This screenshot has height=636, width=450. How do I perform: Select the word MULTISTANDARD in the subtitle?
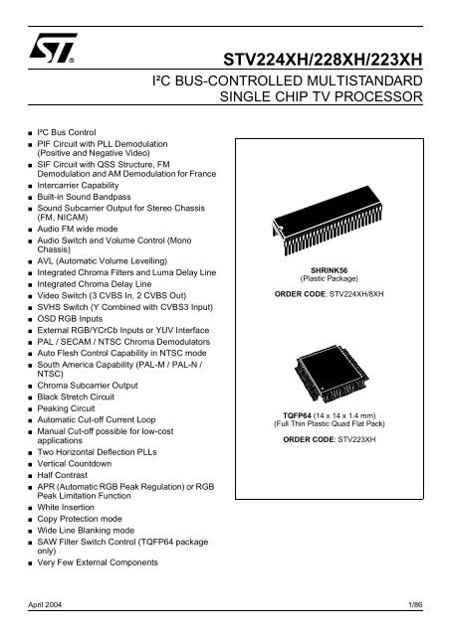point(373,79)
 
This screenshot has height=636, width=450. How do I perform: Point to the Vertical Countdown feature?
point(76,464)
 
